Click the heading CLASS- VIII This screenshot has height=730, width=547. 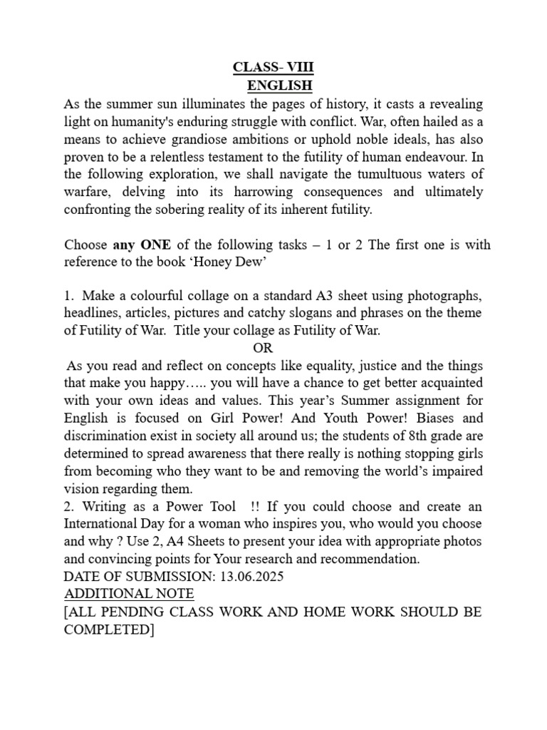coord(273,68)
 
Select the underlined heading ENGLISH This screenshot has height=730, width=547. coord(280,86)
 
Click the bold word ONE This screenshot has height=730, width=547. coord(156,245)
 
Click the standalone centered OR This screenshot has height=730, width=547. coord(263,348)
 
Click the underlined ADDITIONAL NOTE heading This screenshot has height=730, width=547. coord(129,594)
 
